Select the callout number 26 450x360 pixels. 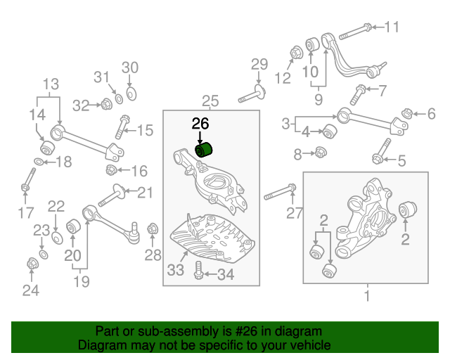pos(200,124)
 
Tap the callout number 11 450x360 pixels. pos(391,27)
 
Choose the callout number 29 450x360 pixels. pos(259,65)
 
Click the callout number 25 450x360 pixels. pos(210,100)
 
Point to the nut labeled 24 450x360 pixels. pos(31,264)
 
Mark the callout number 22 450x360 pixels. pos(56,206)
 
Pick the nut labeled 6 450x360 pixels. pos(407,113)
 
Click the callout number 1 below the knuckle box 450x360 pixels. pos(366,296)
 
